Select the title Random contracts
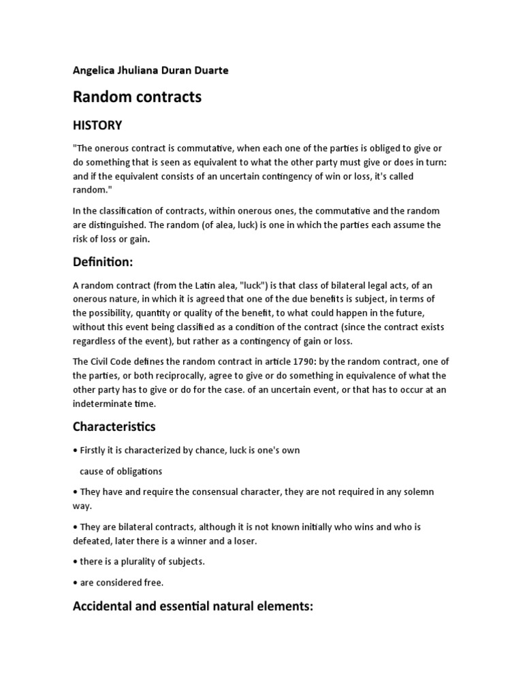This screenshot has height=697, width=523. [x=137, y=97]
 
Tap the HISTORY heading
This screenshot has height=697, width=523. [x=97, y=125]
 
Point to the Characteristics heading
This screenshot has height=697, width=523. [x=114, y=427]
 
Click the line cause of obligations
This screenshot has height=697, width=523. [x=121, y=471]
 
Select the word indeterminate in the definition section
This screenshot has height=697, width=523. [x=104, y=404]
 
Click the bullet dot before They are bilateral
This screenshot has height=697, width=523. [x=75, y=528]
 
